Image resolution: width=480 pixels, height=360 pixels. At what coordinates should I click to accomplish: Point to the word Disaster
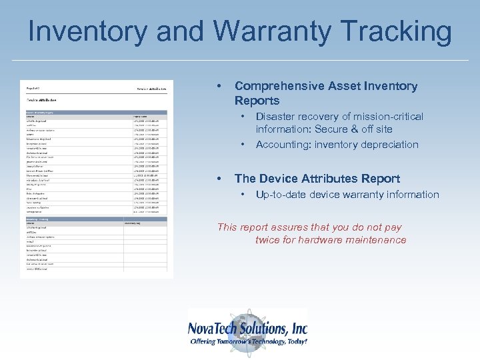(277, 117)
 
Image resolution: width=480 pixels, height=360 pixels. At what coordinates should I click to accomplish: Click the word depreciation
(389, 145)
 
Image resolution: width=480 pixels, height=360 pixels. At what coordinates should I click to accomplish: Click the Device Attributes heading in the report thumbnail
(46, 99)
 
